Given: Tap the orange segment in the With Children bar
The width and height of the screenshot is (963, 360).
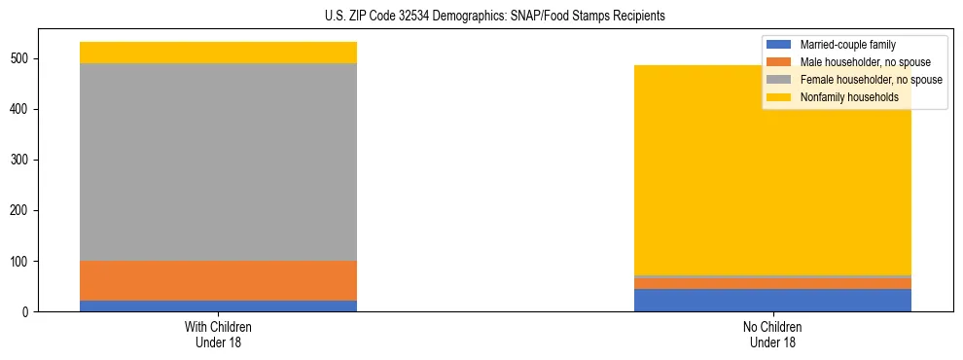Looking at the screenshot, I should coord(218,280).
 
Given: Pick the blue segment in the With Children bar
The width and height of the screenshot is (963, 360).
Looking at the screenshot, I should coord(218,306).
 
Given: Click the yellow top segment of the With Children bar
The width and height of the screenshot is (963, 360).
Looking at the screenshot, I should coord(218,53).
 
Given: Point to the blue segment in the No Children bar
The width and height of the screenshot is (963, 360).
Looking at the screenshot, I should coord(772,300).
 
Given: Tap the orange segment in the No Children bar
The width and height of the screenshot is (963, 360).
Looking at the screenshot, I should coord(772,283).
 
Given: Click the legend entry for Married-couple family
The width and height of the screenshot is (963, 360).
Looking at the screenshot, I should coord(847,45).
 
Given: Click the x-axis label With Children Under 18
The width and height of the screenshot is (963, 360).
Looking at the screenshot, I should coord(218,334).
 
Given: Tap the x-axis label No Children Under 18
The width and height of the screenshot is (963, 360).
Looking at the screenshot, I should coord(772,334).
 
